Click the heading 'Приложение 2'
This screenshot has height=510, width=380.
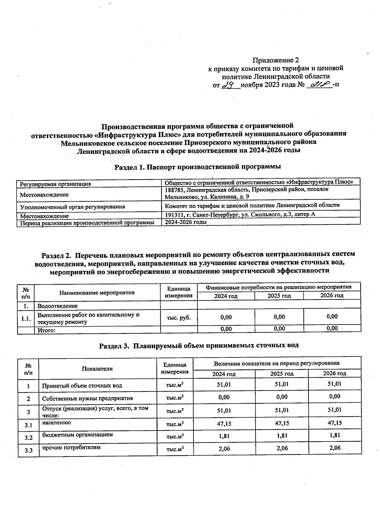pyautogui.click(x=275, y=60)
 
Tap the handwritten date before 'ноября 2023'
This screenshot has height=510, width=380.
pyautogui.click(x=229, y=85)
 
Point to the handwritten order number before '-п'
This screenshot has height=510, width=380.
pyautogui.click(x=319, y=85)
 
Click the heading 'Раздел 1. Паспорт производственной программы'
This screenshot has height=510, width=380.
pyautogui.click(x=198, y=167)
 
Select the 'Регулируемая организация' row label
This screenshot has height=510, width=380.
pyautogui.click(x=55, y=184)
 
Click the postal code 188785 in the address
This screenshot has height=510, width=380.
pyautogui.click(x=174, y=189)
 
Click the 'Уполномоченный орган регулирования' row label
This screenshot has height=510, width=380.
pyautogui.click(x=73, y=207)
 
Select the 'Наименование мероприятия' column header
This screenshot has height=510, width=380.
pyautogui.click(x=97, y=293)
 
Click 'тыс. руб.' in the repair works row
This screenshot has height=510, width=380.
pyautogui.click(x=179, y=318)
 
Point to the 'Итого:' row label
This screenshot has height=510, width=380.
pyautogui.click(x=47, y=330)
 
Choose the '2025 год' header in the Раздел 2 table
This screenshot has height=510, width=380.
pyautogui.click(x=279, y=296)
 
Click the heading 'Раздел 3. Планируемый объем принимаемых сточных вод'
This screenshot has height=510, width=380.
pyautogui.click(x=199, y=345)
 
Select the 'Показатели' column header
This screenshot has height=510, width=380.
pyautogui.click(x=97, y=368)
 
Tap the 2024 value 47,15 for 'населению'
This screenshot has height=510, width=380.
pyautogui.click(x=224, y=423)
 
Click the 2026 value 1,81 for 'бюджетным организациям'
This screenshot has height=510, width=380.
pyautogui.click(x=334, y=435)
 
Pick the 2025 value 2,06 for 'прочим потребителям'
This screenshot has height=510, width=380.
pyautogui.click(x=282, y=448)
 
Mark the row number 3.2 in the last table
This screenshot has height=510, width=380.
pyautogui.click(x=28, y=438)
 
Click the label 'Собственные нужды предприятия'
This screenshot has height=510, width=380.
pyautogui.click(x=87, y=398)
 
